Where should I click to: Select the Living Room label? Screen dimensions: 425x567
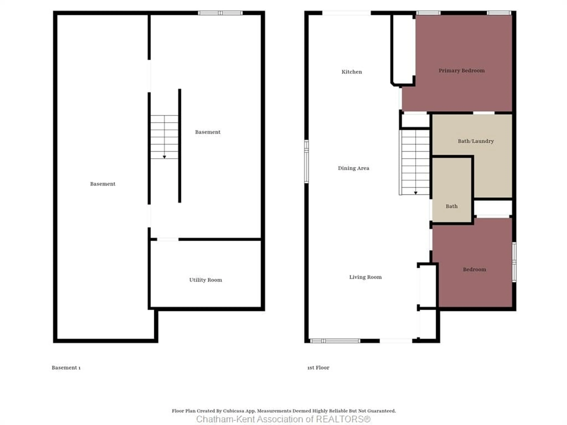tap(365, 277)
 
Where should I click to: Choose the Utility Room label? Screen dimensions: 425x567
tap(206, 280)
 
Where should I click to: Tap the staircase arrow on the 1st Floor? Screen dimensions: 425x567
tap(416, 193)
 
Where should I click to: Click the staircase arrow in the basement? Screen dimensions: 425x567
tap(164, 157)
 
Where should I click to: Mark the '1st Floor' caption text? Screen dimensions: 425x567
tap(318, 368)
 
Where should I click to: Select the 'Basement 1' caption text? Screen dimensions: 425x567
tap(66, 368)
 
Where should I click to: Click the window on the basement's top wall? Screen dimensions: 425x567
tap(220, 13)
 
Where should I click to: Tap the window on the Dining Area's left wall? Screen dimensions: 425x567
tap(306, 161)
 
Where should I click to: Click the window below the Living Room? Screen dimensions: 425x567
tap(335, 341)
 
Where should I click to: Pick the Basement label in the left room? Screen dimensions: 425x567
tap(102, 184)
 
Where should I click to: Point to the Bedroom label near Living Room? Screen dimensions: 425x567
tap(474, 269)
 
